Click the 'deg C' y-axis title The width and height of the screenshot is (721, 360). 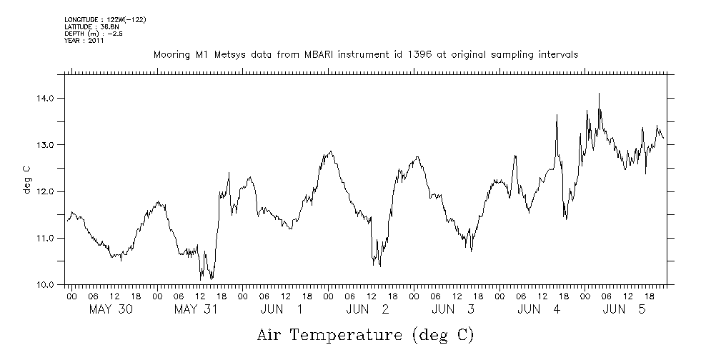26,179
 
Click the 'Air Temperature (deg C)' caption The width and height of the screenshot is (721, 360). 366,335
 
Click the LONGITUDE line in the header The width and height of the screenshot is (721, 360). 105,20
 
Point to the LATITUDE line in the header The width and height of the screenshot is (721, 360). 91,26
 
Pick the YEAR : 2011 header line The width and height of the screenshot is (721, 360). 84,41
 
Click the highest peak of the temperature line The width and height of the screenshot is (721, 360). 599,94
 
